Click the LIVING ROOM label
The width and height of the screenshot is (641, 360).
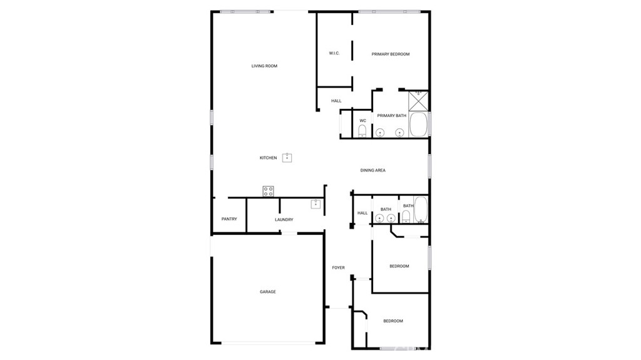tap(264, 66)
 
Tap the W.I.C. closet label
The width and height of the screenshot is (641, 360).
tap(334, 53)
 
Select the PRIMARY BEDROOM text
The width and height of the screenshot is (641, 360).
tap(391, 54)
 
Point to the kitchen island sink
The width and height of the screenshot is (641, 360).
tap(287, 157)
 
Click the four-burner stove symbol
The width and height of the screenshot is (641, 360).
tap(268, 191)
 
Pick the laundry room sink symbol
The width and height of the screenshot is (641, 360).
tap(316, 203)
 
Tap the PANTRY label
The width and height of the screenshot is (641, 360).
tap(229, 219)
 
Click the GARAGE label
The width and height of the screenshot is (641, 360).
tap(268, 292)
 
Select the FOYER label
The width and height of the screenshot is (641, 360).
tap(338, 268)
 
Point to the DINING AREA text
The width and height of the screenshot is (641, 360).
tap(372, 170)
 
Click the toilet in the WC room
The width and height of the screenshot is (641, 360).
tap(362, 131)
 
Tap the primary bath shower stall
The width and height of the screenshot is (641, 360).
tap(418, 100)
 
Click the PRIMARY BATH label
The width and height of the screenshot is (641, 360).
tap(391, 116)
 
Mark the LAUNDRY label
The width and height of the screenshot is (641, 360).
tap(284, 220)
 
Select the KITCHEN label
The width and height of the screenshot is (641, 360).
tap(268, 158)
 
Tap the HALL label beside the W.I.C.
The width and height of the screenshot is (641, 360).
tap(336, 101)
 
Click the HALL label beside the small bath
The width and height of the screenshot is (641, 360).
tap(362, 213)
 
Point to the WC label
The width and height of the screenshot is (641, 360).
tap(362, 121)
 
